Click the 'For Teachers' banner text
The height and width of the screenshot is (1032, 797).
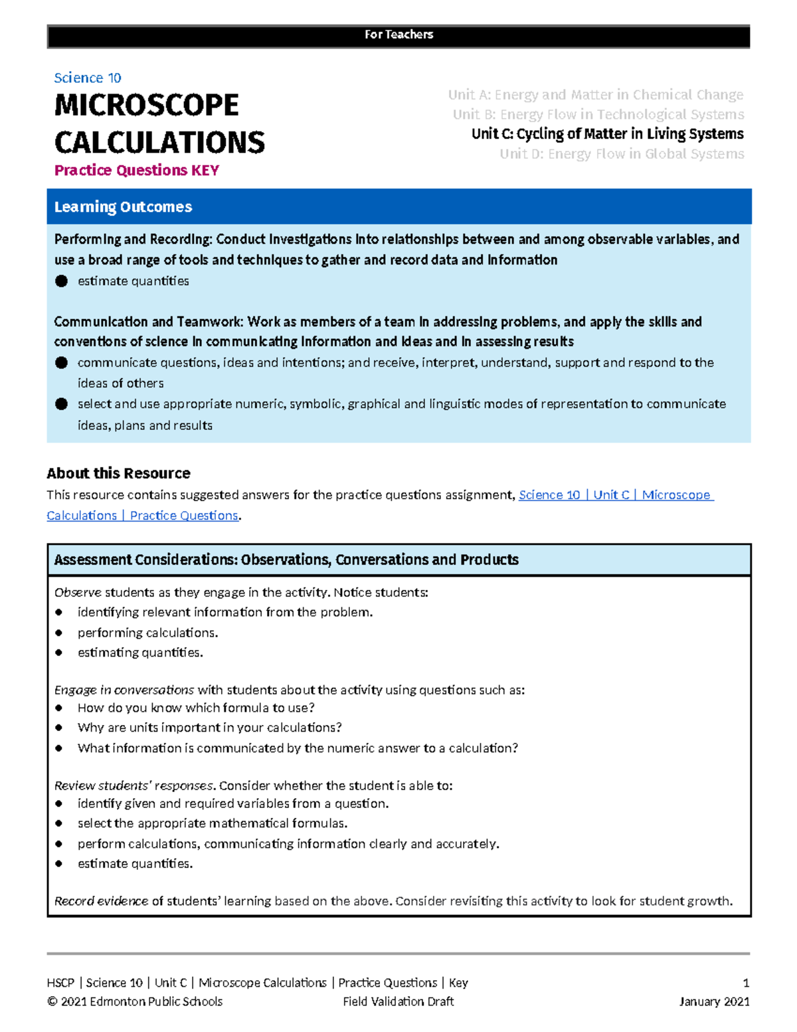point(398,35)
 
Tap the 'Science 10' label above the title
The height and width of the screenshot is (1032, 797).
point(87,78)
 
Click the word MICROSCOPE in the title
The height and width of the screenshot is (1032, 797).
point(146,106)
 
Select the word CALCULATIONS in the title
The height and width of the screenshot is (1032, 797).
point(159,143)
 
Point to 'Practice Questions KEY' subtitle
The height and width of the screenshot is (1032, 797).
point(136,170)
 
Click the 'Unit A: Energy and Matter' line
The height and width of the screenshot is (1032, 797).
point(595,95)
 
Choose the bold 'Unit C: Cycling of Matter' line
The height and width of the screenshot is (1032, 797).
point(607,134)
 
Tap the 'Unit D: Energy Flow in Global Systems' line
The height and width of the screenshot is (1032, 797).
point(621,154)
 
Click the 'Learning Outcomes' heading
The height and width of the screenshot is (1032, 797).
point(123,207)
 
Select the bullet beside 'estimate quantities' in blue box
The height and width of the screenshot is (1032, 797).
point(62,281)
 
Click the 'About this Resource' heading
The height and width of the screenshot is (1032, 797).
point(118,473)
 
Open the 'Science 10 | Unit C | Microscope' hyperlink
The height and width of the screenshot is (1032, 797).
point(615,495)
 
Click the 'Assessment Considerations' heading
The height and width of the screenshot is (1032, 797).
point(286,560)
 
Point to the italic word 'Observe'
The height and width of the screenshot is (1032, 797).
point(78,592)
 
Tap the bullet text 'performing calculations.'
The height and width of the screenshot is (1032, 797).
point(147,633)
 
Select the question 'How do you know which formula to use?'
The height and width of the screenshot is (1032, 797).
point(196,708)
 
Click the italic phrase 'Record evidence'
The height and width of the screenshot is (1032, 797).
point(101,901)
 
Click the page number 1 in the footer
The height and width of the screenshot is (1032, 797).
point(746,983)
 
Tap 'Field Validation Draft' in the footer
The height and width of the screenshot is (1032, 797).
point(398,1001)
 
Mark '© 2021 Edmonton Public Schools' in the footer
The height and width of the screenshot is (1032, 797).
point(135,1001)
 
